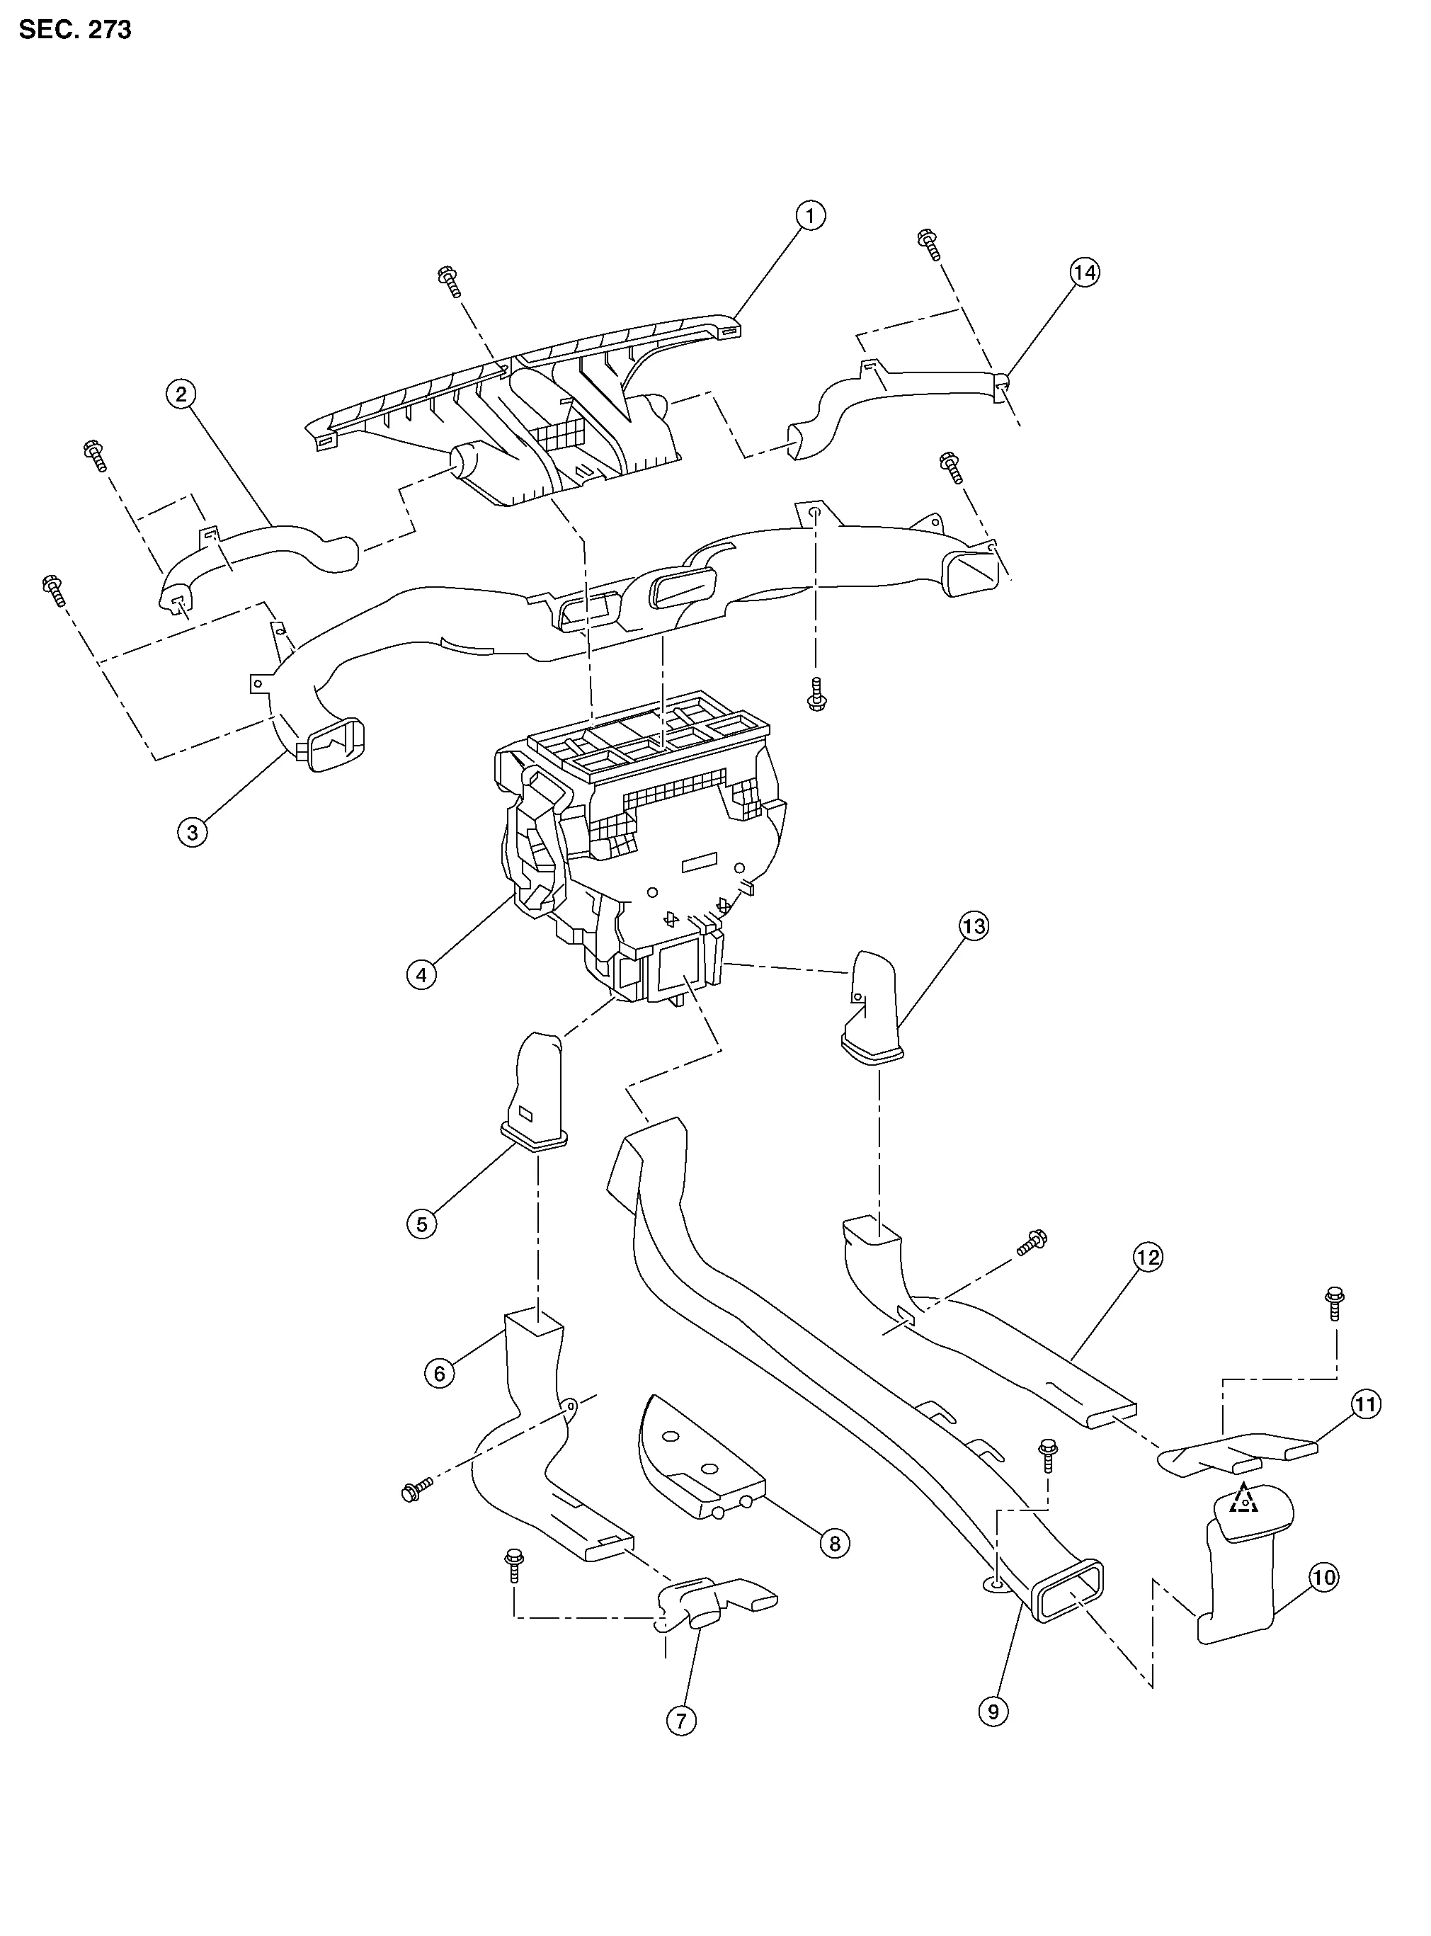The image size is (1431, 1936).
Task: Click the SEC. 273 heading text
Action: coord(75,30)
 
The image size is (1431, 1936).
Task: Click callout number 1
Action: coord(810,215)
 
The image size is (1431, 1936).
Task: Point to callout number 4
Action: coord(422,974)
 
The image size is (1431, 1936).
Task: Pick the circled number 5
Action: coord(422,1224)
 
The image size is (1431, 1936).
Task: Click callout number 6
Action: coord(440,1373)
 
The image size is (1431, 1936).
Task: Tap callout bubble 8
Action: coord(835,1543)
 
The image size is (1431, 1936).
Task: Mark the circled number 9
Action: coord(993,1711)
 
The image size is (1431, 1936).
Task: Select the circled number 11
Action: coord(1366,1404)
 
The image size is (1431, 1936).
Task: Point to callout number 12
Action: coord(1148,1257)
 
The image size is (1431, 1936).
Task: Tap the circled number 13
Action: coord(974,926)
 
